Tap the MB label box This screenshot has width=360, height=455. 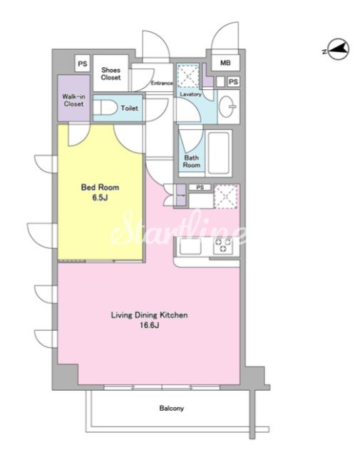pyautogui.click(x=225, y=62)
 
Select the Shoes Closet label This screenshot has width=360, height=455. pyautogui.click(x=110, y=73)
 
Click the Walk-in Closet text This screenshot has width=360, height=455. pyautogui.click(x=73, y=100)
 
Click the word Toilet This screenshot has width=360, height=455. pyautogui.click(x=130, y=108)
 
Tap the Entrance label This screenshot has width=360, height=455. pyautogui.click(x=162, y=83)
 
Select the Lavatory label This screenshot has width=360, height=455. pyautogui.click(x=190, y=94)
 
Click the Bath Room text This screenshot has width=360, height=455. pyautogui.click(x=192, y=161)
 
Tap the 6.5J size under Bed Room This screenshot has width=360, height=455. pyautogui.click(x=100, y=198)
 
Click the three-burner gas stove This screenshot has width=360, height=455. pyautogui.click(x=223, y=245)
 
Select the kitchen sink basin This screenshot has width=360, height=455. pyautogui.click(x=190, y=246)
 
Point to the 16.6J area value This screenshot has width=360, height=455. pyautogui.click(x=150, y=325)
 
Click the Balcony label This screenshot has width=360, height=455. pyautogui.click(x=171, y=408)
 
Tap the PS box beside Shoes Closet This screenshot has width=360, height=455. pyautogui.click(x=83, y=63)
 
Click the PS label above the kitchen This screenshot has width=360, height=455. pyautogui.click(x=200, y=188)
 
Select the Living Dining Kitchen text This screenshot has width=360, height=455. pyautogui.click(x=150, y=315)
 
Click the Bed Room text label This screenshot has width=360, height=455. pyautogui.click(x=100, y=187)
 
